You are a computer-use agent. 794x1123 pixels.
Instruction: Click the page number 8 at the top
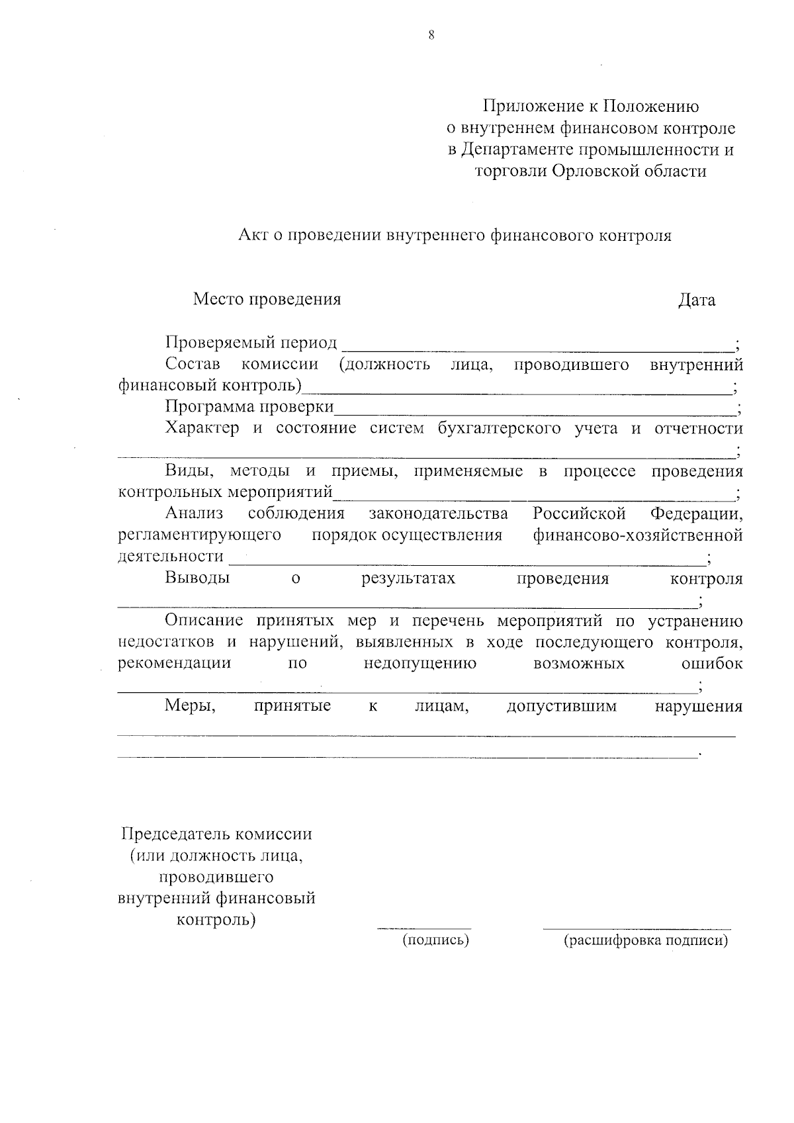tap(431, 36)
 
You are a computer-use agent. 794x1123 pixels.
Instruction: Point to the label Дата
tap(697, 300)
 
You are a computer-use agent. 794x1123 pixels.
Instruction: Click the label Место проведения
tap(267, 300)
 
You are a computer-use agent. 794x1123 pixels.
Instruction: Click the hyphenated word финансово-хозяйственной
tap(638, 535)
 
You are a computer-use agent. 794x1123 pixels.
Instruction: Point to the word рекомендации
tap(174, 664)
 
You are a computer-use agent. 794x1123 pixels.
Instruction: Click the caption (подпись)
tap(436, 940)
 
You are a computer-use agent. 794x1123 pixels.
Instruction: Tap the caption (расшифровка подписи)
tap(646, 941)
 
